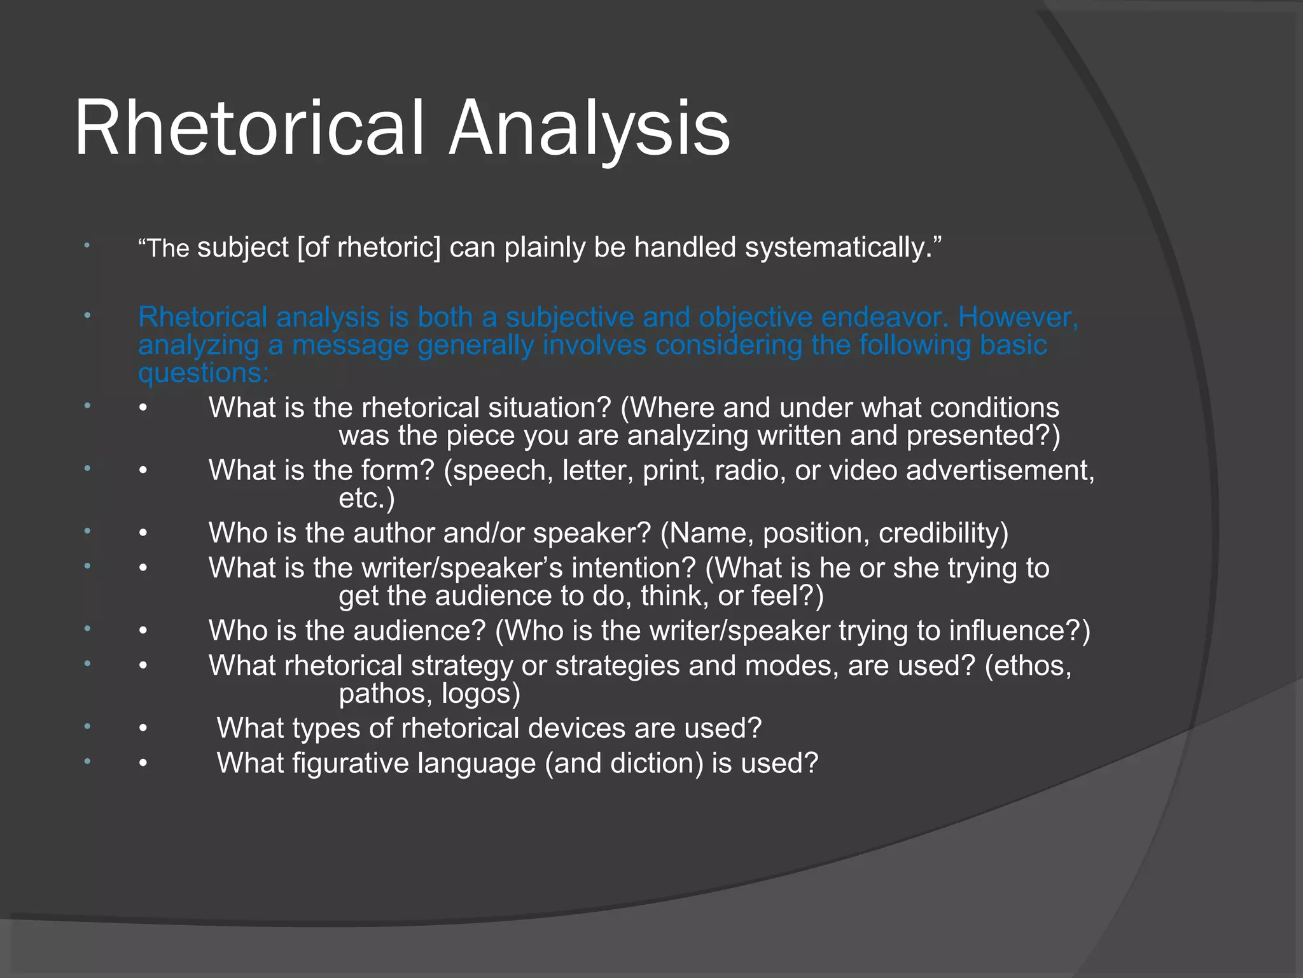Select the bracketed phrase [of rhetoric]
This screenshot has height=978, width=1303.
click(x=369, y=247)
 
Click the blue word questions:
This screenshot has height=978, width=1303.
click(x=204, y=372)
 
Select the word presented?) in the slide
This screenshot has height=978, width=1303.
click(x=984, y=436)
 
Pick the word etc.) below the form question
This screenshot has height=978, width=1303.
click(x=366, y=498)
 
